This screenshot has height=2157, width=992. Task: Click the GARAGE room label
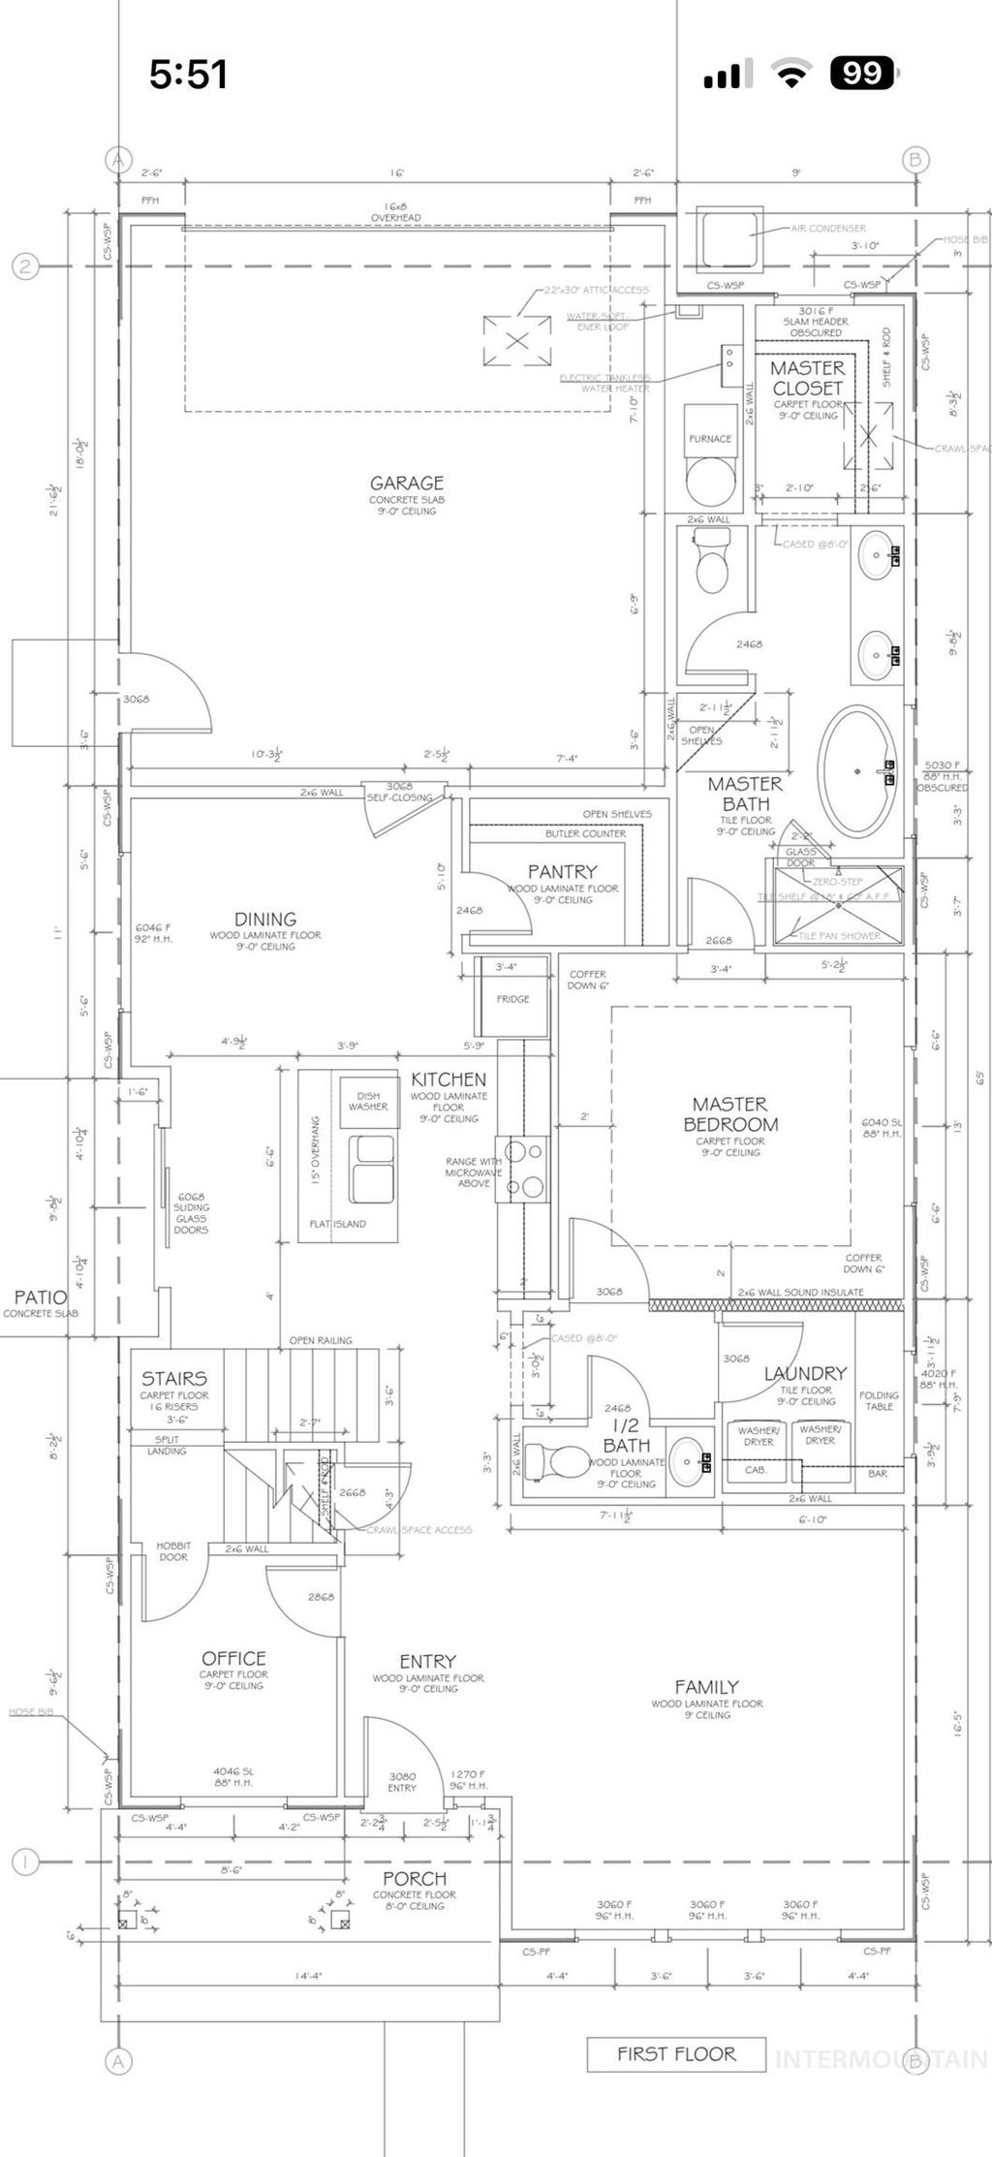click(x=407, y=483)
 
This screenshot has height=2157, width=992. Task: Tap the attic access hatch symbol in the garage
click(x=518, y=340)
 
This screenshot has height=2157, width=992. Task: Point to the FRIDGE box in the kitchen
click(x=512, y=998)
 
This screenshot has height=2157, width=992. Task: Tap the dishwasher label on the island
click(x=368, y=1102)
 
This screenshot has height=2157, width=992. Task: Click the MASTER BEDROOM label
click(x=730, y=1114)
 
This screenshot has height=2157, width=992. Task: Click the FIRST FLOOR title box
click(x=676, y=2053)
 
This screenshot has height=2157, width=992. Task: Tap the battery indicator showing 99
click(x=863, y=74)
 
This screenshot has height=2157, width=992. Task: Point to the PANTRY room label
click(x=562, y=871)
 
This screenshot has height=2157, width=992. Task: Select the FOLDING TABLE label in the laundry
click(x=879, y=1400)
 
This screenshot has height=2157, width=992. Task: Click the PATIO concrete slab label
click(x=41, y=1302)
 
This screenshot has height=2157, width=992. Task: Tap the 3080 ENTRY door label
click(x=402, y=1782)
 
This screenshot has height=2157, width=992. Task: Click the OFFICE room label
click(x=233, y=1658)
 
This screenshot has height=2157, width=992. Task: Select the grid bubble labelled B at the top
click(x=914, y=160)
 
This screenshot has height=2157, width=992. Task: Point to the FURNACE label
click(x=710, y=438)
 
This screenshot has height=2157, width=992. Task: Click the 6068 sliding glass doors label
click(x=191, y=1213)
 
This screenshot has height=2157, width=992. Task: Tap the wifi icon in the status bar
click(x=791, y=75)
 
